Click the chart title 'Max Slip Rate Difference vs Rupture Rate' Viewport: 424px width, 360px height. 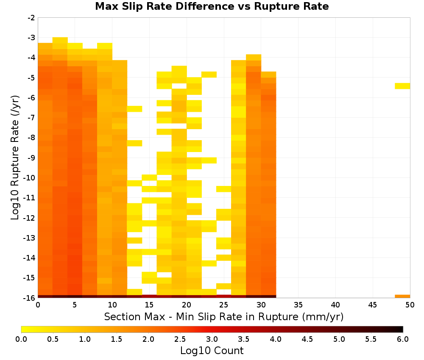pyautogui.click(x=212, y=6)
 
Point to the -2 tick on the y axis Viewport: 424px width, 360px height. pyautogui.click(x=32, y=18)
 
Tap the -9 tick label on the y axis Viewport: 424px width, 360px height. pyautogui.click(x=32, y=158)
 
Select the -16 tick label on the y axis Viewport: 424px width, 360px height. pyautogui.click(x=30, y=298)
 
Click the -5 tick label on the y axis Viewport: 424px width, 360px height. pyautogui.click(x=32, y=78)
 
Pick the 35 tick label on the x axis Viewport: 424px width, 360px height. pyautogui.click(x=298, y=305)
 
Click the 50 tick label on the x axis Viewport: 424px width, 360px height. pyautogui.click(x=410, y=305)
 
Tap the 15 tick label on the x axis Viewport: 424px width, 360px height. pyautogui.click(x=149, y=305)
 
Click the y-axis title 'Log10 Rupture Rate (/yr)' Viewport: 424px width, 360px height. pyautogui.click(x=15, y=158)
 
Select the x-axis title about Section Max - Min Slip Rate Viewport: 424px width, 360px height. pyautogui.click(x=224, y=316)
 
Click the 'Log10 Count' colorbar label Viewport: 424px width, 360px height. pyautogui.click(x=212, y=351)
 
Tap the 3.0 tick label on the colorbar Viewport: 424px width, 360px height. pyautogui.click(x=212, y=339)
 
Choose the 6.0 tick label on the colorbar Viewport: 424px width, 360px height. pyautogui.click(x=403, y=339)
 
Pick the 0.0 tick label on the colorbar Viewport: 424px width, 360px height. pyautogui.click(x=21, y=339)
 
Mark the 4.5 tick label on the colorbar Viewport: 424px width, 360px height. pyautogui.click(x=307, y=339)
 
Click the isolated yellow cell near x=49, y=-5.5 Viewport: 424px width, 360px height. pyautogui.click(x=402, y=86)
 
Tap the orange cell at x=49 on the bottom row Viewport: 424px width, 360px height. pyautogui.click(x=402, y=296)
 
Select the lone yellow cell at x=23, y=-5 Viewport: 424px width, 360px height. pyautogui.click(x=209, y=75)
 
